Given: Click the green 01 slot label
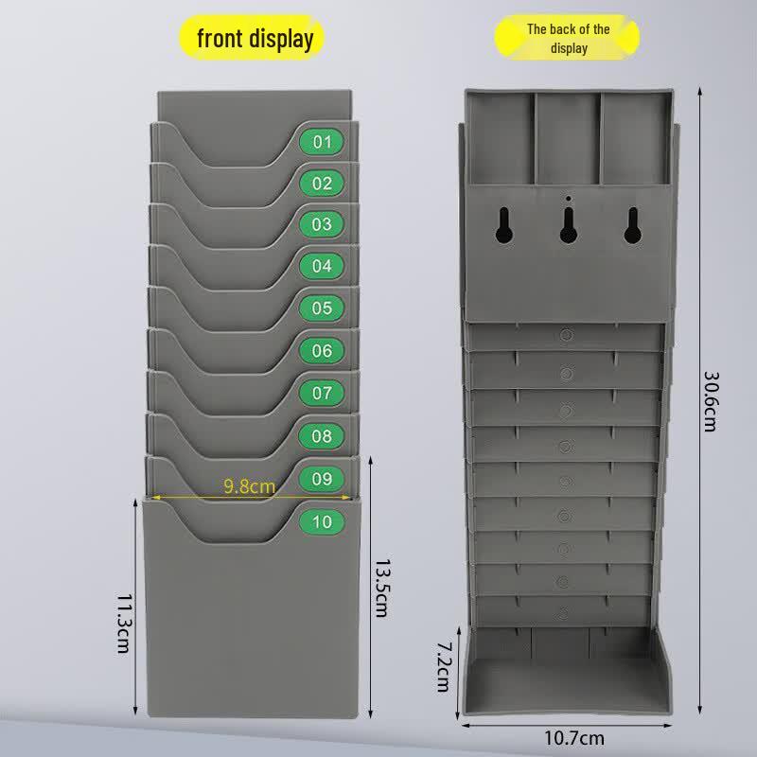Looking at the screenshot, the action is click(x=322, y=142).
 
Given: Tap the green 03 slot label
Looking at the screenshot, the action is click(x=322, y=224).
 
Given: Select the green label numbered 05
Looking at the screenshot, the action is click(x=322, y=308).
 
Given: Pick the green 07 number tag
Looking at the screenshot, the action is click(x=322, y=393).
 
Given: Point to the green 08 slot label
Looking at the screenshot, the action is click(x=322, y=436).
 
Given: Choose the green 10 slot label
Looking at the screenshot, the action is click(x=322, y=522).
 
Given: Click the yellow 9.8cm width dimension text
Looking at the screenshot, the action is click(x=250, y=486).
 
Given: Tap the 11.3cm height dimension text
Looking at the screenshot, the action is click(x=125, y=624).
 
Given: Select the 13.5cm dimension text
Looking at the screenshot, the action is click(x=382, y=589).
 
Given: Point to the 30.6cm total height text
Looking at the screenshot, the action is click(x=712, y=401).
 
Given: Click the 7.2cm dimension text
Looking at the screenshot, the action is click(x=444, y=667).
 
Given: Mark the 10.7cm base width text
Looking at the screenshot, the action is click(x=574, y=738).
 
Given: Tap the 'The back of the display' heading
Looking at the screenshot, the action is click(x=568, y=38).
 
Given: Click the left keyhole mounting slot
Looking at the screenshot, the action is click(x=504, y=225).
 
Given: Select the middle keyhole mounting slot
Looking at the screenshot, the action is click(x=569, y=225).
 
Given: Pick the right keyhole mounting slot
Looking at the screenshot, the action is click(x=633, y=225).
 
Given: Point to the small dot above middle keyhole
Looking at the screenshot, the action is click(x=569, y=199).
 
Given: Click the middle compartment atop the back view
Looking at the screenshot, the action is click(x=569, y=138).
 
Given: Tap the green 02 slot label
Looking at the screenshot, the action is click(x=322, y=184).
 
